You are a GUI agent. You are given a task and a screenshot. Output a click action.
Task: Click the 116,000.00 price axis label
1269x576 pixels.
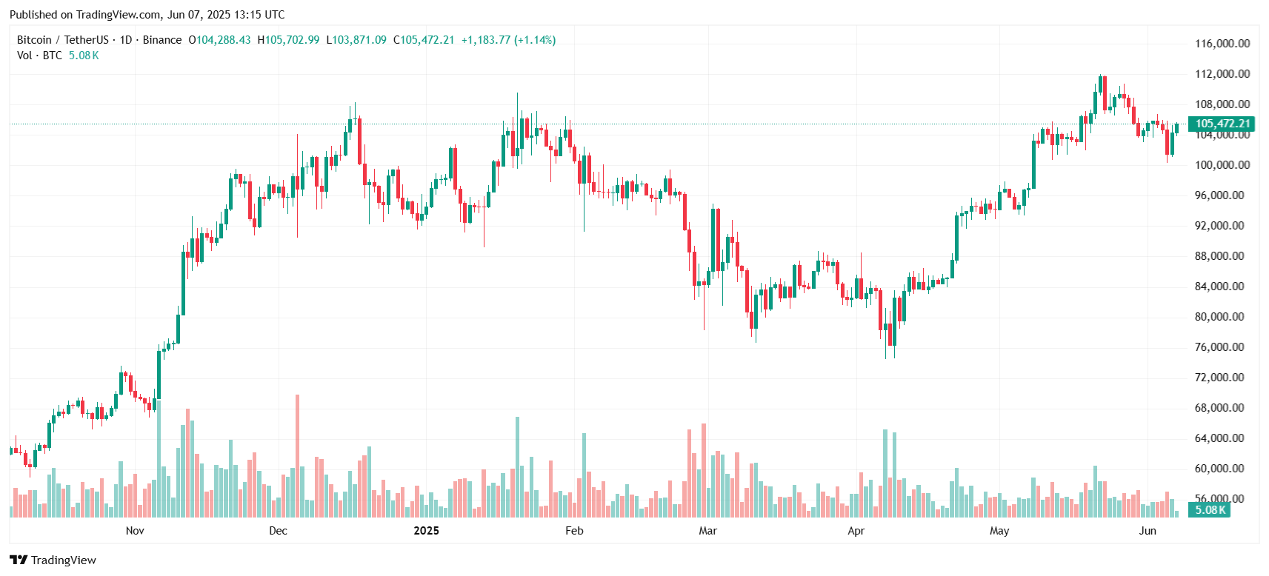pyautogui.click(x=1222, y=44)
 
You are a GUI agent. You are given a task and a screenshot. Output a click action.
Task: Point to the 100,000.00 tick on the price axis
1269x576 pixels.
pyautogui.click(x=1222, y=165)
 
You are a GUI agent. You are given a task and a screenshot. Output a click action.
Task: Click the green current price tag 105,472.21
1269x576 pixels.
pyautogui.click(x=1222, y=124)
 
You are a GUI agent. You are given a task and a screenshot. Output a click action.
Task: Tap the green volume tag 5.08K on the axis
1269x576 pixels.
pyautogui.click(x=1210, y=509)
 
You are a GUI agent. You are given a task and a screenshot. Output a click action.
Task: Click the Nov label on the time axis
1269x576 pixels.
pyautogui.click(x=135, y=531)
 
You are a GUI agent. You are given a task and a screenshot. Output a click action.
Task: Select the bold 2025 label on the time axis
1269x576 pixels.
pyautogui.click(x=426, y=531)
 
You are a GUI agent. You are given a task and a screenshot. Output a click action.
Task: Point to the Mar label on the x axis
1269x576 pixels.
pyautogui.click(x=707, y=531)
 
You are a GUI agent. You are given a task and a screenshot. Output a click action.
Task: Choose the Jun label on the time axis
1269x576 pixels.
pyautogui.click(x=1147, y=531)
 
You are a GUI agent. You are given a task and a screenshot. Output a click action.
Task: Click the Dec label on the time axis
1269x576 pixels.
pyautogui.click(x=278, y=531)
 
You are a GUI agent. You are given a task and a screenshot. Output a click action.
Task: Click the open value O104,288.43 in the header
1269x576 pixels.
pyautogui.click(x=219, y=40)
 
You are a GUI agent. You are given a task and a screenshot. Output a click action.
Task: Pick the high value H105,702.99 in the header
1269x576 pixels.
pyautogui.click(x=288, y=40)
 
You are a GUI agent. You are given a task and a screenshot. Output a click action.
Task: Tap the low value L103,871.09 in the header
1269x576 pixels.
pyautogui.click(x=356, y=40)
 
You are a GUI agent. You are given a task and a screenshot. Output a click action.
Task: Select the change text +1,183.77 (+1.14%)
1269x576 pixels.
pyautogui.click(x=508, y=40)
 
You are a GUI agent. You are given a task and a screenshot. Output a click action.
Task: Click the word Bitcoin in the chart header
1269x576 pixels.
pyautogui.click(x=34, y=40)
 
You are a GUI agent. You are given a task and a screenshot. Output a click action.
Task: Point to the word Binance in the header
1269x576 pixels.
pyautogui.click(x=161, y=40)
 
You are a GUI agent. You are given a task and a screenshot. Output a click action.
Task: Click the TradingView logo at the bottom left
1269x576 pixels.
pyautogui.click(x=53, y=560)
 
